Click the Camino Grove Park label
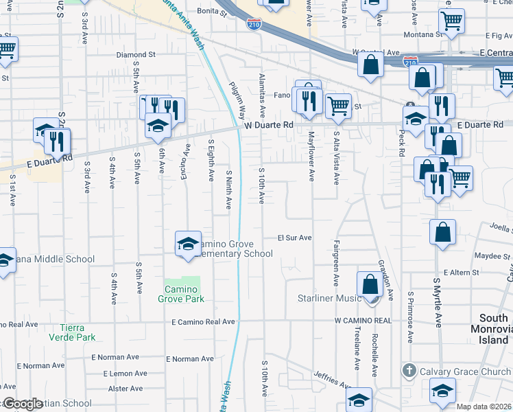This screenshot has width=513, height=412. click(182, 295)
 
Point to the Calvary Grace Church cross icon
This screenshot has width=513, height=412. click(409, 371)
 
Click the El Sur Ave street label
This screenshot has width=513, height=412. click(295, 238)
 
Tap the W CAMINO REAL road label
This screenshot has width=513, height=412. click(363, 321)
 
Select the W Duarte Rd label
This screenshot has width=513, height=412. click(268, 126)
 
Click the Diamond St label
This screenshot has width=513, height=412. click(136, 54)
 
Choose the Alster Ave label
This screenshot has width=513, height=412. click(126, 389)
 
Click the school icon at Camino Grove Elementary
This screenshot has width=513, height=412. click(188, 244)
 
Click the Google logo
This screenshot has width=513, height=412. click(23, 404)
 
